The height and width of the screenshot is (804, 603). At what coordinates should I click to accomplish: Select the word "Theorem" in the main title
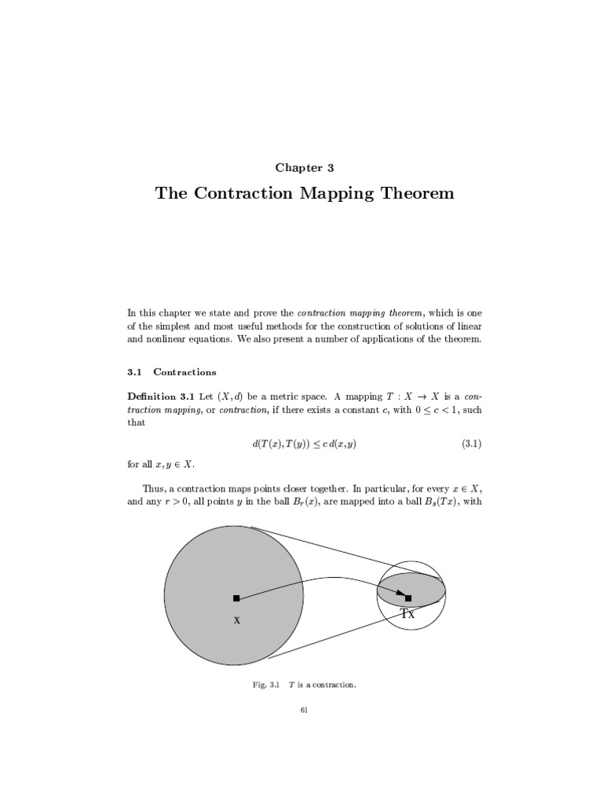pyautogui.click(x=415, y=193)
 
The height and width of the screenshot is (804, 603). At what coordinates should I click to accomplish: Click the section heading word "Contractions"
pyautogui.click(x=185, y=371)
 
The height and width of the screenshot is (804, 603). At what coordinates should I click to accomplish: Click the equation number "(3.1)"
pyautogui.click(x=471, y=444)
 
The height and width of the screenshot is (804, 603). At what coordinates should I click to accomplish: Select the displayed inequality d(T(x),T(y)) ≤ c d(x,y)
pyautogui.click(x=298, y=444)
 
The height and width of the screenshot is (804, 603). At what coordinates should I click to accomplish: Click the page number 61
pyautogui.click(x=304, y=711)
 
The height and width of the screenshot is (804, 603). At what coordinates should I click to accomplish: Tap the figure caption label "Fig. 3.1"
pyautogui.click(x=265, y=685)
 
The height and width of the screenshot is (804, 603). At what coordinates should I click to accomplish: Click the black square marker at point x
pyautogui.click(x=236, y=598)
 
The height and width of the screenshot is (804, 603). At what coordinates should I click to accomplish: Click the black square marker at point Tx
pyautogui.click(x=408, y=598)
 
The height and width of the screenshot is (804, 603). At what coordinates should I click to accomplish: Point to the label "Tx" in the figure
pyautogui.click(x=407, y=614)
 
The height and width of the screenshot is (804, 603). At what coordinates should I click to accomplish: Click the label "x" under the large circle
pyautogui.click(x=236, y=620)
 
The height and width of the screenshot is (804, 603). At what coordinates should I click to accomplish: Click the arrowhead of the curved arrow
pyautogui.click(x=400, y=595)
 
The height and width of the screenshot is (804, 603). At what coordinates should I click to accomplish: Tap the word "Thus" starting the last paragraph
pyautogui.click(x=154, y=487)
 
